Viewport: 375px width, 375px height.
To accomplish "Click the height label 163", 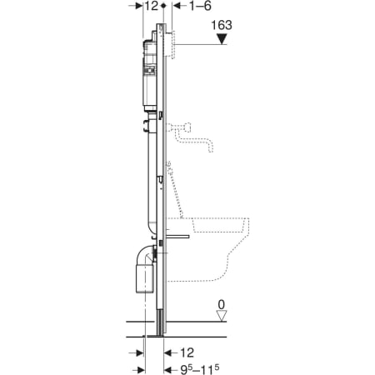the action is coord(222,25).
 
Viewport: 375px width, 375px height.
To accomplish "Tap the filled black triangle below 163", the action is coord(222,38).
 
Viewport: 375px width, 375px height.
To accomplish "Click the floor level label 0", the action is coord(222,305).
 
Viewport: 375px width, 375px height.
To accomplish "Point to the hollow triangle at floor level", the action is coord(222,316).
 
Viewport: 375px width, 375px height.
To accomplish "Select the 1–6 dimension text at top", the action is coord(200,6).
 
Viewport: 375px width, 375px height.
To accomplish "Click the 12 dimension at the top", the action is coord(152,6).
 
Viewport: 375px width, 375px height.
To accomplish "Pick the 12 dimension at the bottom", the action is coord(187,352).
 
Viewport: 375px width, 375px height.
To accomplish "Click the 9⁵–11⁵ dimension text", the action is coord(200,369).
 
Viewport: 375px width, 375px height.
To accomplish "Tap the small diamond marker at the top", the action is coord(164,6).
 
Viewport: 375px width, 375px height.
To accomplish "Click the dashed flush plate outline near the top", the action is coord(170,44).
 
